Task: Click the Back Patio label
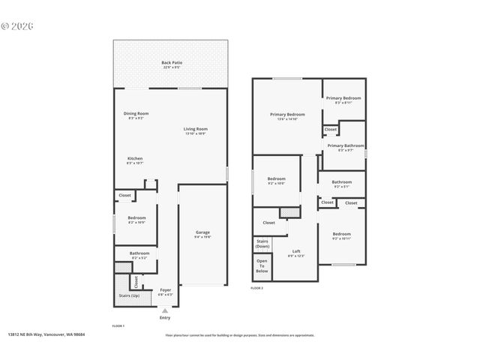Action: (172, 64)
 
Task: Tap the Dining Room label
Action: (136, 115)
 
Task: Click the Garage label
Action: (202, 234)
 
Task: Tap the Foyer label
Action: (166, 292)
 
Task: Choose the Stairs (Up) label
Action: (129, 295)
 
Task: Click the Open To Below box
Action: (262, 266)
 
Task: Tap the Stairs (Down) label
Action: (262, 244)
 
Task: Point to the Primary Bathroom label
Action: (345, 147)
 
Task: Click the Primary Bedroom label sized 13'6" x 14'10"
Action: (287, 116)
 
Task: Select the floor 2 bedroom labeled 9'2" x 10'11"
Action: (341, 235)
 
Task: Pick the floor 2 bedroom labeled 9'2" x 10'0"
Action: (276, 180)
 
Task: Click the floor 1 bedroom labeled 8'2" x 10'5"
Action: (136, 220)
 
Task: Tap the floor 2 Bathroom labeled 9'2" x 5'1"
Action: (342, 183)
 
